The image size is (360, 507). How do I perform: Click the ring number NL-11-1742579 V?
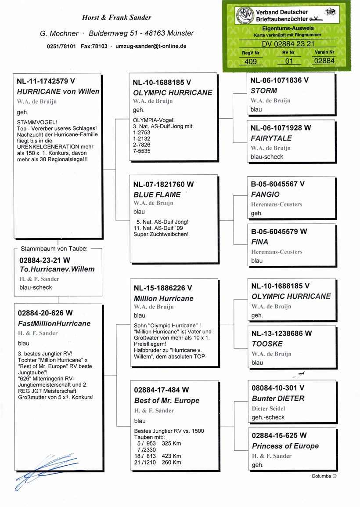(46, 81)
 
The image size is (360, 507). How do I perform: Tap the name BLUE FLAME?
(157, 195)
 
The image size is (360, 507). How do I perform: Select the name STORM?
(264, 91)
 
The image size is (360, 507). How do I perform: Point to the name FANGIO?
(265, 195)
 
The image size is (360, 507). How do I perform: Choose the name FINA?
(259, 242)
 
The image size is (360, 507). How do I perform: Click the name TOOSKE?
(267, 344)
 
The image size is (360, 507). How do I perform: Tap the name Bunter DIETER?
(278, 398)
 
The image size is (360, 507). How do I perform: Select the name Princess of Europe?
(285, 446)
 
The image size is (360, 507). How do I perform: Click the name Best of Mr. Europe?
(166, 401)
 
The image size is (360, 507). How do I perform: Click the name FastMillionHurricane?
(54, 324)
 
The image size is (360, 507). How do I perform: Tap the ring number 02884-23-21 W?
(45, 260)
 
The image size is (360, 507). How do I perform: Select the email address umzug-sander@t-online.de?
(151, 46)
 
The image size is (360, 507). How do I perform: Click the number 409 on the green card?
(250, 62)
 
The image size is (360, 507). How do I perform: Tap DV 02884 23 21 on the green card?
(288, 43)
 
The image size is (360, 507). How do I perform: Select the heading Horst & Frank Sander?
(116, 18)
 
